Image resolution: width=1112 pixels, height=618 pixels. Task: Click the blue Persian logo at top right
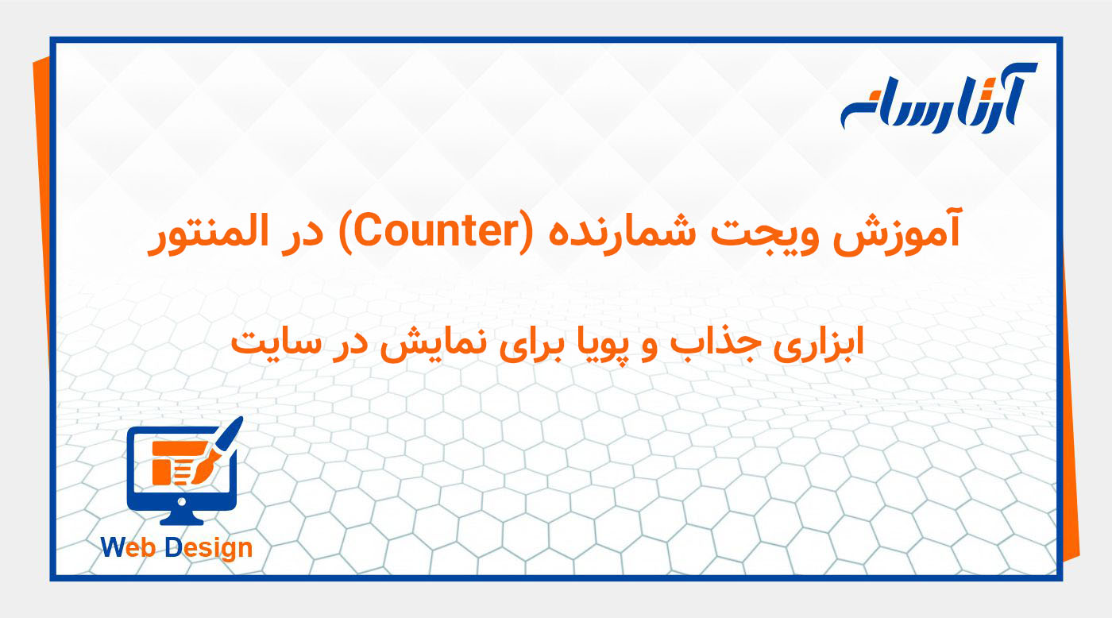(x=938, y=98)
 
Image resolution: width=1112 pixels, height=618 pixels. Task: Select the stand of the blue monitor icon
(x=182, y=516)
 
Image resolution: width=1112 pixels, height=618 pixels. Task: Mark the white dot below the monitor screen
(x=182, y=501)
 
